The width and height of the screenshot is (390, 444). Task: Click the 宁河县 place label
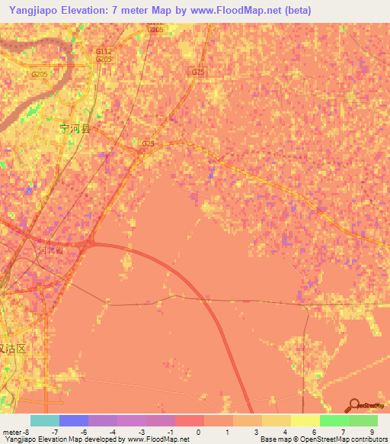click(x=75, y=129)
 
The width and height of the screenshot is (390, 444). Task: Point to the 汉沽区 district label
click(x=12, y=348)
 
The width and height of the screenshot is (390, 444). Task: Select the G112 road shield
click(x=104, y=51)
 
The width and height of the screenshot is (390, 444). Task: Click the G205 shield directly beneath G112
click(x=104, y=59)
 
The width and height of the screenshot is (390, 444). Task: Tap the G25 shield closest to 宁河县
click(x=148, y=143)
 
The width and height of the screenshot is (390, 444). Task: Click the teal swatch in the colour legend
click(x=45, y=420)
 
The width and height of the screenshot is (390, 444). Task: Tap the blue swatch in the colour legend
click(x=74, y=420)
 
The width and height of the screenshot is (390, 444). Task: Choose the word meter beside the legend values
click(x=11, y=432)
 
